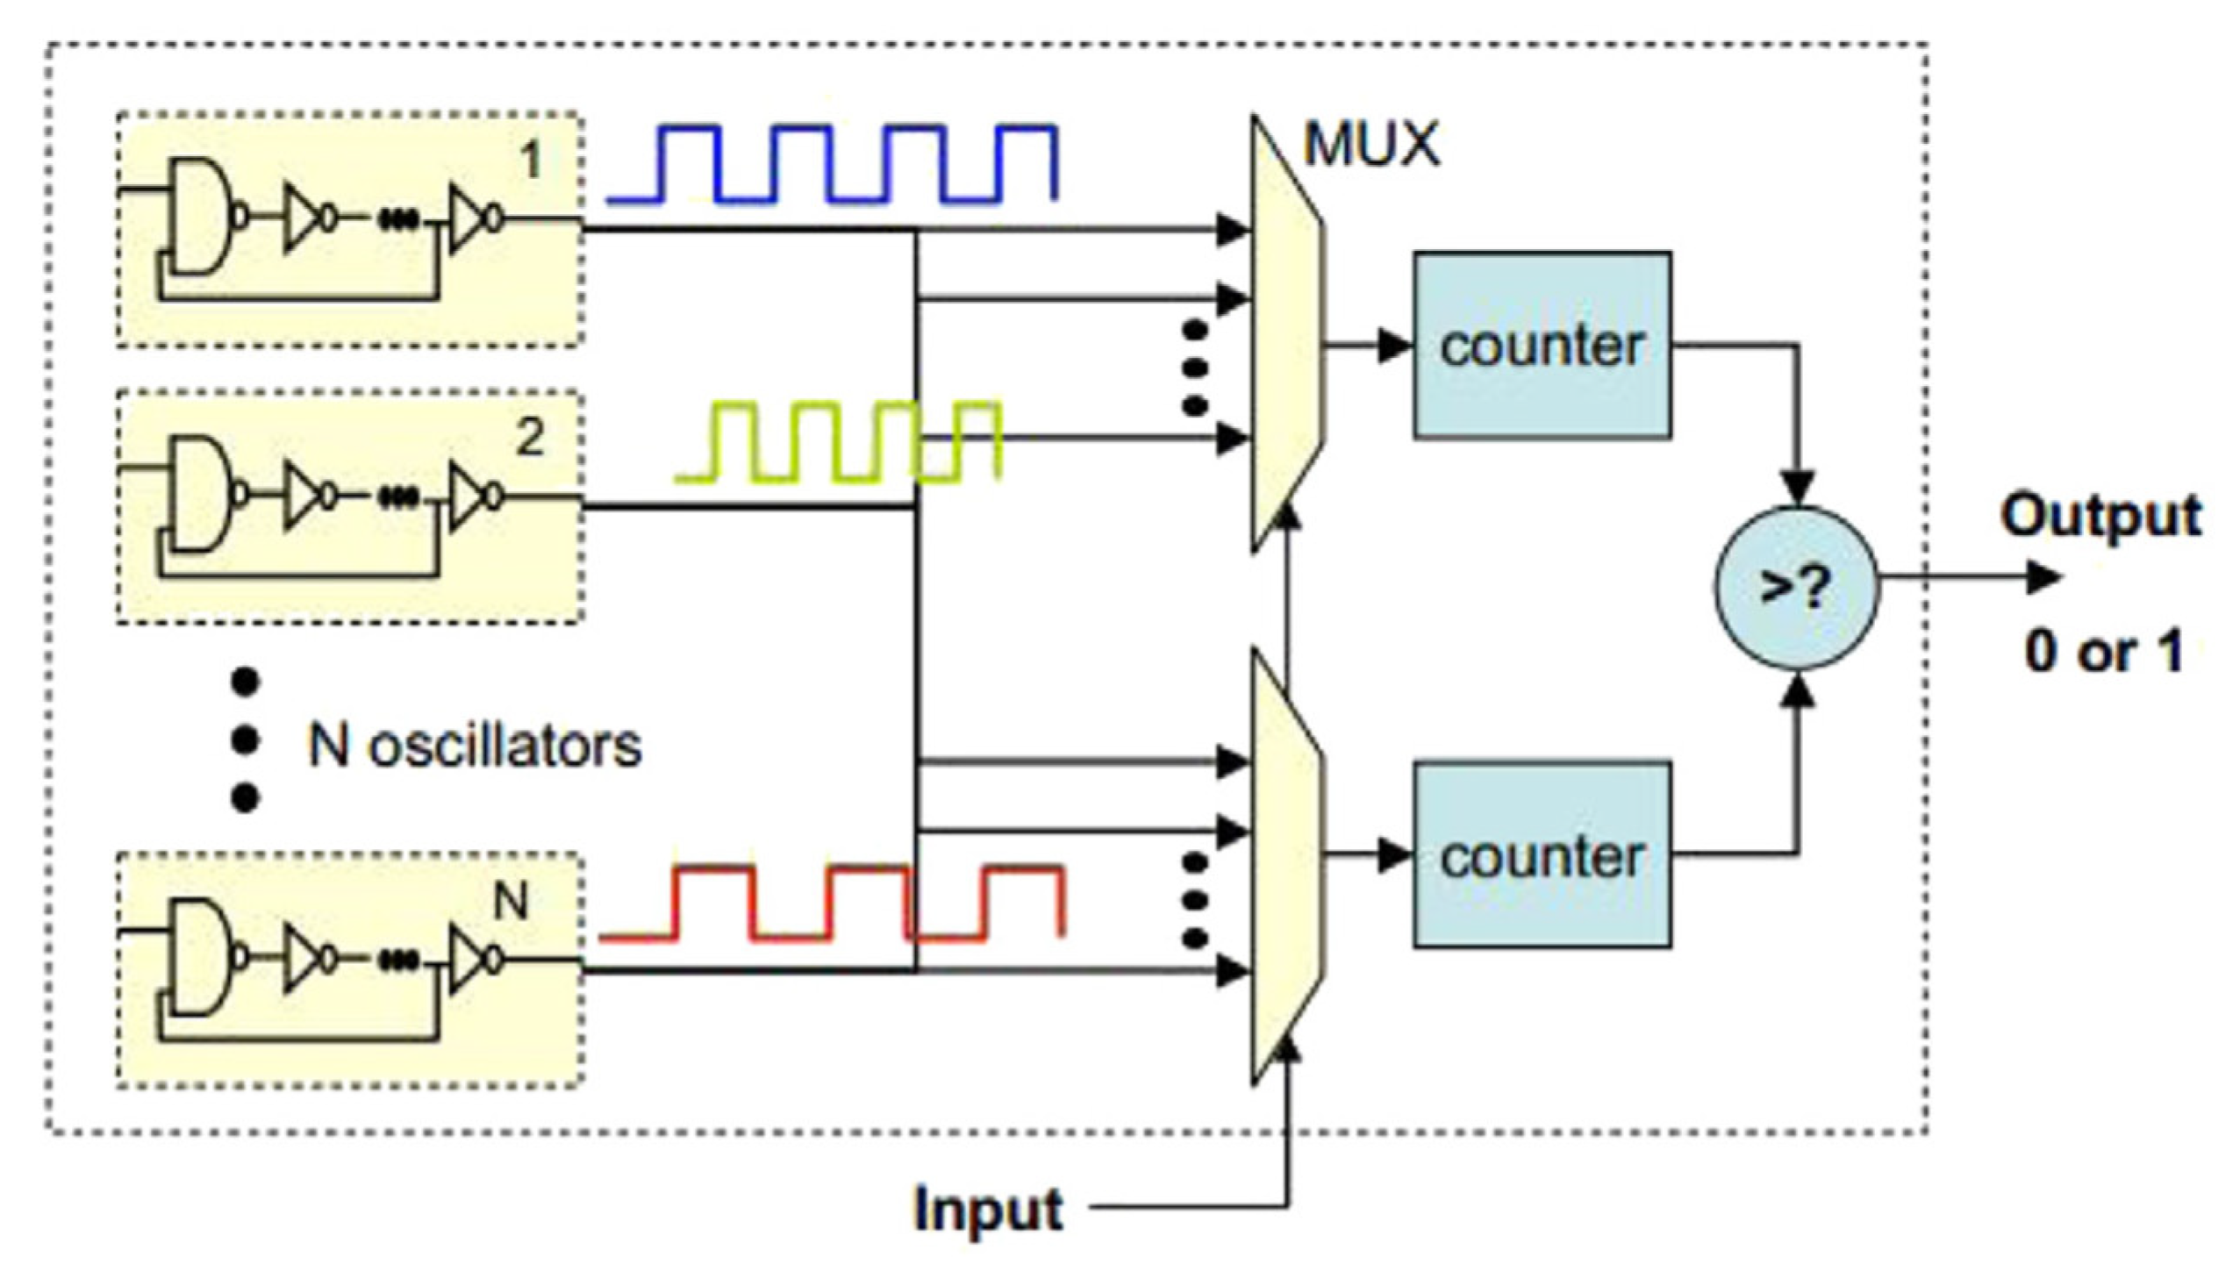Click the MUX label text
(1371, 145)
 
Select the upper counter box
(1542, 346)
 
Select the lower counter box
(1542, 855)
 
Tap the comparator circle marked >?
(1795, 588)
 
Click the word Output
(2100, 517)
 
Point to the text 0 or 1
(2103, 653)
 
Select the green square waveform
(839, 442)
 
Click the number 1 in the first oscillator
(530, 161)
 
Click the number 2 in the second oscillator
(530, 439)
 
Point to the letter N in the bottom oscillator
(512, 901)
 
